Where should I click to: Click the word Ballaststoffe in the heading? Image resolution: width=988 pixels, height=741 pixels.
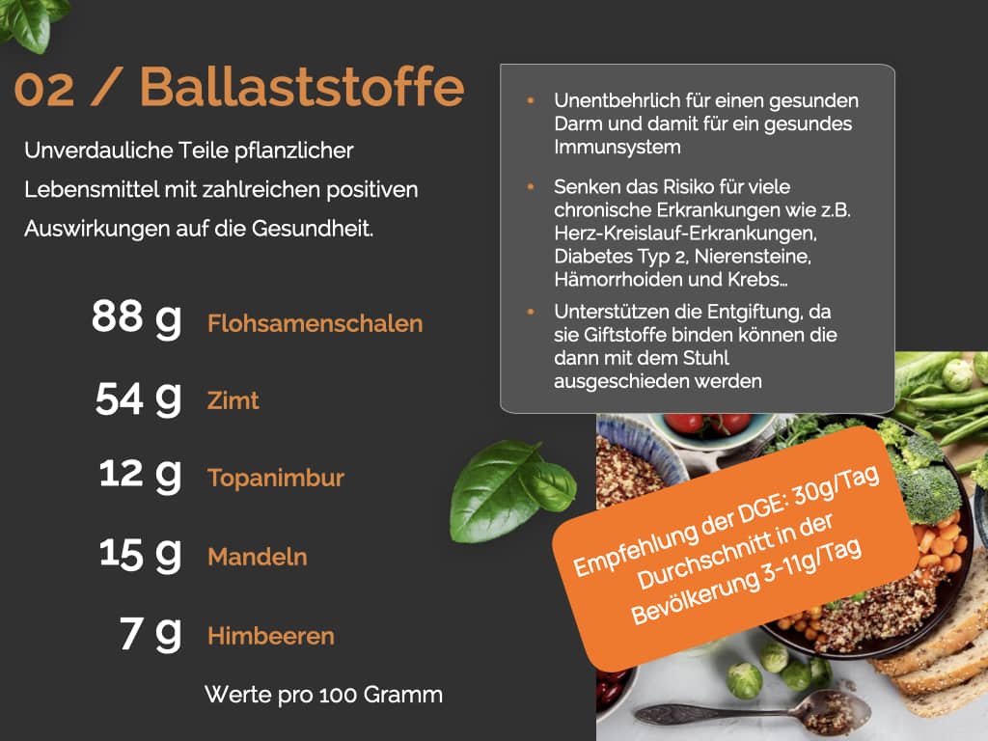click(x=302, y=86)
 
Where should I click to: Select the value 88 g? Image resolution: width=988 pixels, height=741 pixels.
click(x=137, y=317)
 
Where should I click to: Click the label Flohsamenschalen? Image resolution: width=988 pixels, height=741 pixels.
click(x=316, y=323)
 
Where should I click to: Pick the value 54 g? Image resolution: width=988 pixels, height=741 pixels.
click(x=139, y=398)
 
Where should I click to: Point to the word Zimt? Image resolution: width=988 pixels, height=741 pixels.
click(x=233, y=400)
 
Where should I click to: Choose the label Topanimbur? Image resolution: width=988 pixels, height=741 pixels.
click(x=276, y=478)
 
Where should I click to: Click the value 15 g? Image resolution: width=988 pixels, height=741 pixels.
click(x=141, y=555)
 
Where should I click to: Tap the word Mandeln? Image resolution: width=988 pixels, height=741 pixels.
click(x=258, y=557)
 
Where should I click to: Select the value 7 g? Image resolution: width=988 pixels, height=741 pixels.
click(x=151, y=633)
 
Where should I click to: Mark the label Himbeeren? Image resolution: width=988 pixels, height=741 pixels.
click(x=271, y=636)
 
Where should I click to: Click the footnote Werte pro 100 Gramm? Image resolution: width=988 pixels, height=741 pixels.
click(x=324, y=695)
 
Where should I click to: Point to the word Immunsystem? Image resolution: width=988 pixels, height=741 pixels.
click(x=617, y=148)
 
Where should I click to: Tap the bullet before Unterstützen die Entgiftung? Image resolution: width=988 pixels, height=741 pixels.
click(x=531, y=312)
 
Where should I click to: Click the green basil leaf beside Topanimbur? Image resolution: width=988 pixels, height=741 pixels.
click(x=512, y=491)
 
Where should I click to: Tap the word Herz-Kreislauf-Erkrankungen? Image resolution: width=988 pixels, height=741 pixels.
click(x=686, y=233)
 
